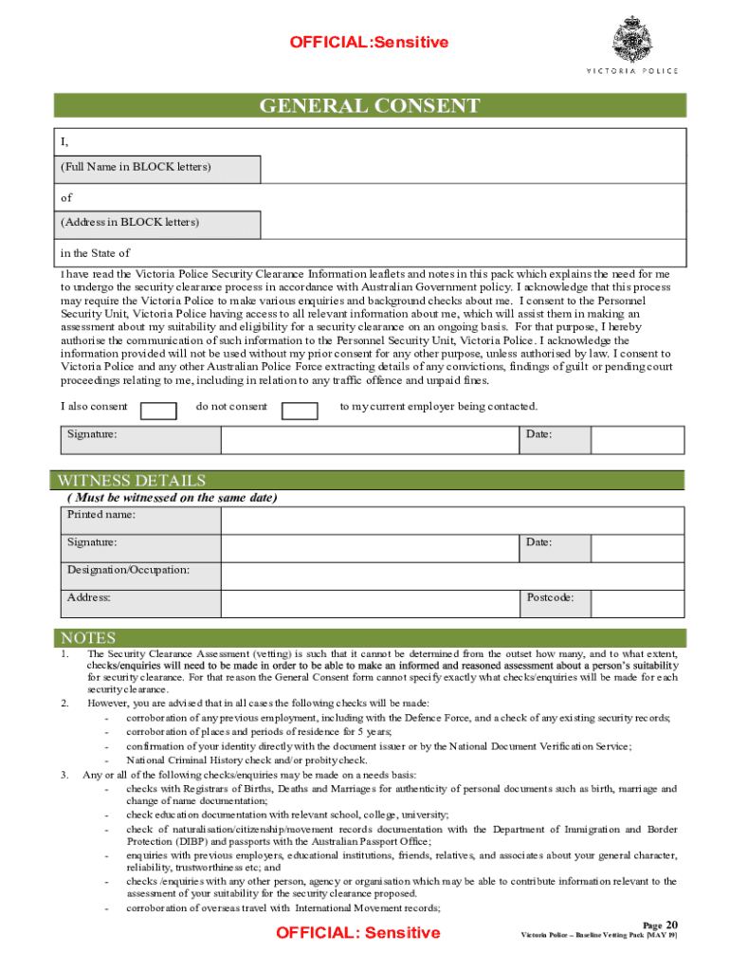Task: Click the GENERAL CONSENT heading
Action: (x=370, y=105)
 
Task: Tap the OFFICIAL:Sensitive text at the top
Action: (x=369, y=43)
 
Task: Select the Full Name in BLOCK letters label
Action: (x=137, y=168)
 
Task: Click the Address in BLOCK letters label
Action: (x=131, y=224)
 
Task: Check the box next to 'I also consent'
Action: (x=158, y=410)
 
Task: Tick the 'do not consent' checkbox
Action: (x=301, y=410)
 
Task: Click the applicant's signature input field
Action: (x=370, y=440)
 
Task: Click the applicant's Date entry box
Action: (x=636, y=440)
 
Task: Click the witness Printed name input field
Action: (x=451, y=521)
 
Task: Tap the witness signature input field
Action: (x=370, y=548)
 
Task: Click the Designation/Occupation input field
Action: (x=451, y=576)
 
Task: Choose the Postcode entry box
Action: (x=636, y=603)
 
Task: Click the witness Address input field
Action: (x=370, y=603)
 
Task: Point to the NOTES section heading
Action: (x=88, y=638)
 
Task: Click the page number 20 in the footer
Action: (x=671, y=925)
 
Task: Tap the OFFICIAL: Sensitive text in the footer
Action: (x=357, y=933)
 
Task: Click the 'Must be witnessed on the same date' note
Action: (x=172, y=498)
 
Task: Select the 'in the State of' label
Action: (x=95, y=253)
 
